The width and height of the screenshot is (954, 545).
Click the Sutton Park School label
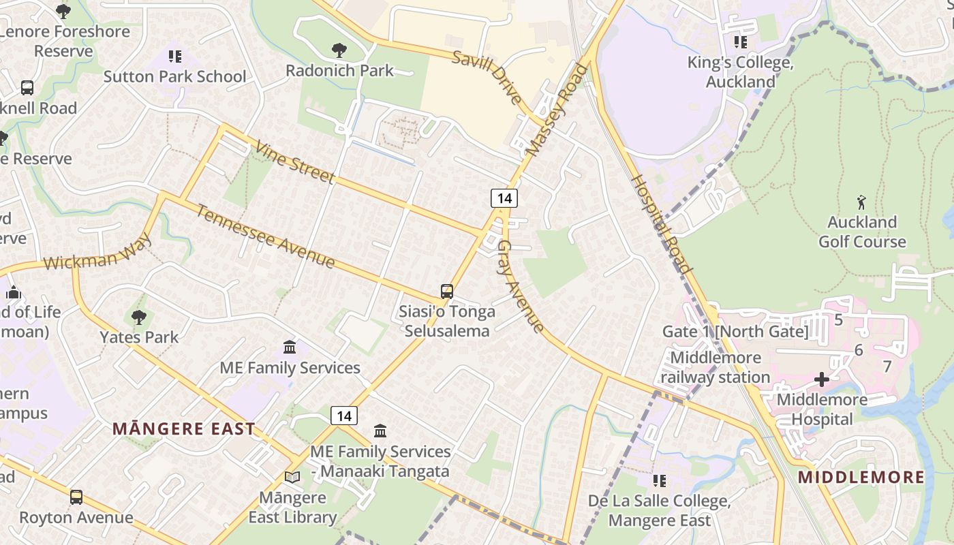pos(174,76)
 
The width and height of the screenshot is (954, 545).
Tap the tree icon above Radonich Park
pos(339,50)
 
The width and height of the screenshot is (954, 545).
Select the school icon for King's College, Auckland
pos(741,42)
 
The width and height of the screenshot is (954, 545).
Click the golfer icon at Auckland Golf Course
pos(861,202)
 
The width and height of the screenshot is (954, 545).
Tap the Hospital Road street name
pos(660,224)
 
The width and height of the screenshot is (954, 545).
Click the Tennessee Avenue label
pos(266,236)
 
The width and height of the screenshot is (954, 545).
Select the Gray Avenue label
pos(521,286)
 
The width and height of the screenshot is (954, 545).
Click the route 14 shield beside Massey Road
pos(504,198)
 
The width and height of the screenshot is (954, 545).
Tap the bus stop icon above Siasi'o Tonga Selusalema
pos(447,292)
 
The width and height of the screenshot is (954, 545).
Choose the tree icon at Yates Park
pos(139,317)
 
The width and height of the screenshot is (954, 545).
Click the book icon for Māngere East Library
pos(292,478)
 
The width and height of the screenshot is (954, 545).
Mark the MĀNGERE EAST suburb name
pos(184,429)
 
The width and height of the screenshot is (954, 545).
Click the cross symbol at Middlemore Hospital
pos(822,379)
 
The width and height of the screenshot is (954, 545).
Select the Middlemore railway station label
pos(715,367)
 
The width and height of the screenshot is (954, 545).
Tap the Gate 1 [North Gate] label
pos(735,332)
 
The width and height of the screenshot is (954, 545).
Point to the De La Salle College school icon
pos(659,481)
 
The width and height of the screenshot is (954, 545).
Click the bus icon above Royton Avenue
pos(76,497)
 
